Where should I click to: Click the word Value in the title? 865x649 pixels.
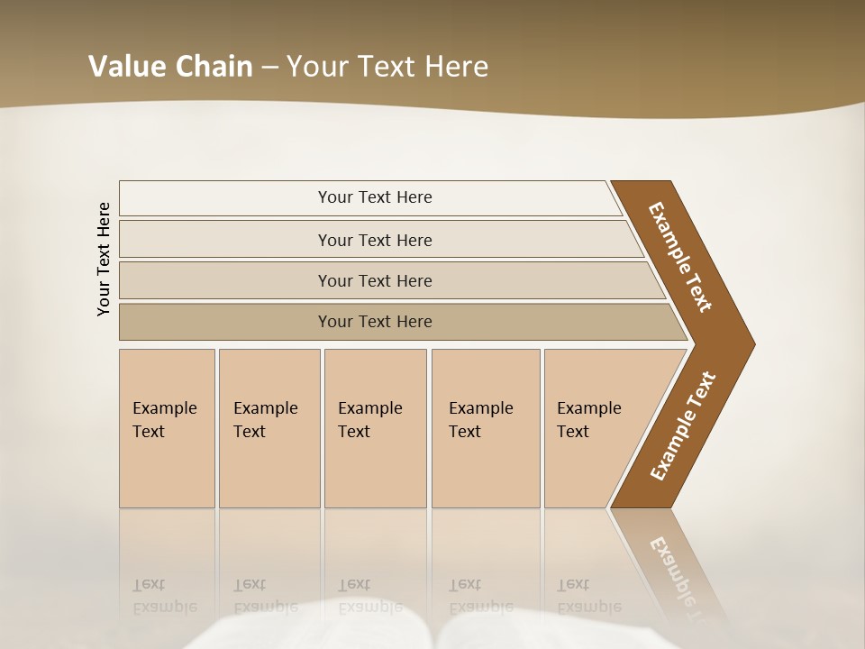pyautogui.click(x=124, y=67)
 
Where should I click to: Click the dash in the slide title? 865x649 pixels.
pyautogui.click(x=269, y=68)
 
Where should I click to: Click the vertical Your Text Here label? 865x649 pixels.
pyautogui.click(x=104, y=259)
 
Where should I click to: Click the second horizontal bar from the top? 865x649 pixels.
pyautogui.click(x=374, y=240)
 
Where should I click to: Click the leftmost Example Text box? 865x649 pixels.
pyautogui.click(x=167, y=428)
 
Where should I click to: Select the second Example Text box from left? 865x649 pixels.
pyautogui.click(x=269, y=428)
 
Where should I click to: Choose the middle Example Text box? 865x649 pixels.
pyautogui.click(x=375, y=428)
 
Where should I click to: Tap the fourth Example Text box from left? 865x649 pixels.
pyautogui.click(x=485, y=428)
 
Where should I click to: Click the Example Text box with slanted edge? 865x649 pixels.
pyautogui.click(x=595, y=428)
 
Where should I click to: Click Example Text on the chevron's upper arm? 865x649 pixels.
pyautogui.click(x=680, y=257)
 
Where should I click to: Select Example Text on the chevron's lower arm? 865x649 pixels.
pyautogui.click(x=682, y=426)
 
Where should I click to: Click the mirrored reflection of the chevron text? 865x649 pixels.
pyautogui.click(x=680, y=577)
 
